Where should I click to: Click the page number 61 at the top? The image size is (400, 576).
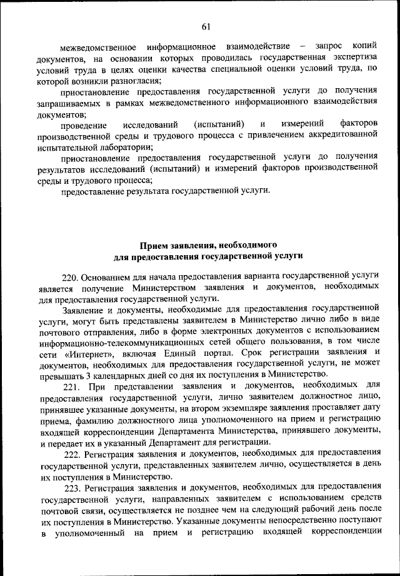coord(206,26)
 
